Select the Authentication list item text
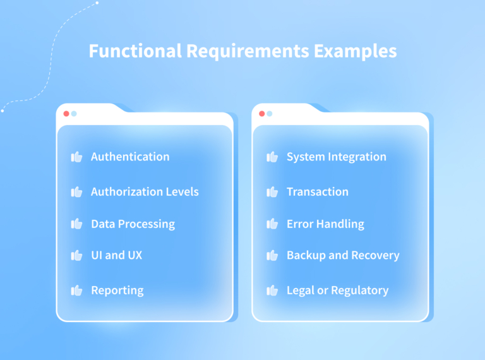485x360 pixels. pyautogui.click(x=130, y=157)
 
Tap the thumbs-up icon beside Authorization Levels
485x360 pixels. pyautogui.click(x=77, y=191)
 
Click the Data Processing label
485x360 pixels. pyautogui.click(x=133, y=224)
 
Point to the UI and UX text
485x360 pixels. pyautogui.click(x=116, y=255)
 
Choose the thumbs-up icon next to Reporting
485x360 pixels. pyautogui.click(x=77, y=291)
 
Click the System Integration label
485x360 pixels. pyautogui.click(x=336, y=157)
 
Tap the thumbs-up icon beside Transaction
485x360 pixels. pyautogui.click(x=273, y=191)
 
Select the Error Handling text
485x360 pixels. pyautogui.click(x=325, y=224)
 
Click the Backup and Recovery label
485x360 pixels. pyautogui.click(x=343, y=255)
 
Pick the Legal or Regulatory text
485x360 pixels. pyautogui.click(x=337, y=291)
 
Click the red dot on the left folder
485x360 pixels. pyautogui.click(x=66, y=114)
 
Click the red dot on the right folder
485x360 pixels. pyautogui.click(x=262, y=114)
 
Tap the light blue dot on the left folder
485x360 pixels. pyautogui.click(x=74, y=114)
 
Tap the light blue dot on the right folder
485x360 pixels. pyautogui.click(x=270, y=114)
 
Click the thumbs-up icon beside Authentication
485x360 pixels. pyautogui.click(x=77, y=157)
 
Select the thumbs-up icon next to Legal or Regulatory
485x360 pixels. pyautogui.click(x=273, y=291)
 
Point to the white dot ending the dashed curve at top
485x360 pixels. pyautogui.click(x=97, y=3)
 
